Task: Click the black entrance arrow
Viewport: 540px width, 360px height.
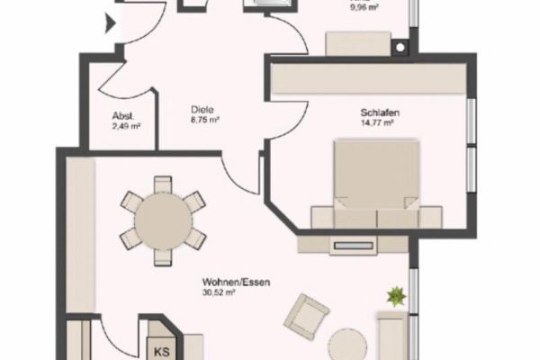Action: (x=110, y=23)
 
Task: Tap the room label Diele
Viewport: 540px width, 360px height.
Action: (x=202, y=110)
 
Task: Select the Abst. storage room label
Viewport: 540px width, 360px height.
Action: (x=123, y=116)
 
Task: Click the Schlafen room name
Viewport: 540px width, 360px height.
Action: (x=380, y=112)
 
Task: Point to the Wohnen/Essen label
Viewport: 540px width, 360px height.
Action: (x=236, y=283)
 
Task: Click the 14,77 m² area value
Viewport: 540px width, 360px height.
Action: (x=377, y=122)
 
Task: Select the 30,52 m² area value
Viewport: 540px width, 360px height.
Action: (x=219, y=292)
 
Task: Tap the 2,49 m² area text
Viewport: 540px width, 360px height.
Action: (x=126, y=126)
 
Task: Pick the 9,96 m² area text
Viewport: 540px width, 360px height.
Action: (x=364, y=7)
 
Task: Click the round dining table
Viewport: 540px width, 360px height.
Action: (x=163, y=220)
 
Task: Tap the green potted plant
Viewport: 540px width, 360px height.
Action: (x=397, y=297)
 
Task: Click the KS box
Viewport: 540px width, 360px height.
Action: (x=162, y=351)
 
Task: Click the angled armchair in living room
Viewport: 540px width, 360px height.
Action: (x=306, y=317)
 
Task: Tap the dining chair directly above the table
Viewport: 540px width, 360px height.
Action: (x=163, y=184)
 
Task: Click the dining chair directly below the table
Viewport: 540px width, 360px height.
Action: (x=163, y=257)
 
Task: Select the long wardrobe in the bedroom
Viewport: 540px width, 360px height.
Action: (x=368, y=78)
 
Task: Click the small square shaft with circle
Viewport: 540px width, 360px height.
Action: (x=400, y=48)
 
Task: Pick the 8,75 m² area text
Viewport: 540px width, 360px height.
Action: (x=205, y=120)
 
